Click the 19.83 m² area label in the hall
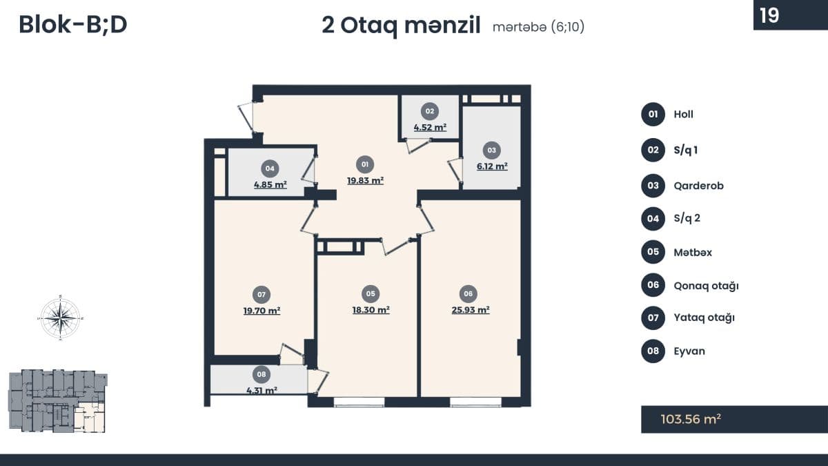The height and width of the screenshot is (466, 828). [x=365, y=180]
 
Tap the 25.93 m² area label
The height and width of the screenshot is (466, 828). [x=471, y=309]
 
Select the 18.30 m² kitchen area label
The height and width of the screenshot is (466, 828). [x=371, y=309]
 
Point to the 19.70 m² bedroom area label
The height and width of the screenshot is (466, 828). [x=262, y=310]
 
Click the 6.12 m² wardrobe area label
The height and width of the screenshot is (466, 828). [x=492, y=166]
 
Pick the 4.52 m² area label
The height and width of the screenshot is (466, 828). [x=430, y=127]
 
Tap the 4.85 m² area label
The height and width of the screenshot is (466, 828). [x=270, y=184]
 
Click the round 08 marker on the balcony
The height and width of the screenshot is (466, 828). [x=262, y=374]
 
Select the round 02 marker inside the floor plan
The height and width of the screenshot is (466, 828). [x=429, y=111]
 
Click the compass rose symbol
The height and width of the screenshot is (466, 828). [x=61, y=318]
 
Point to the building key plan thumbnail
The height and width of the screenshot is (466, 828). [x=58, y=401]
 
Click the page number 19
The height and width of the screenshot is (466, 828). [x=769, y=15]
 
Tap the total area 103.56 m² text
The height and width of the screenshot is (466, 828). [x=691, y=419]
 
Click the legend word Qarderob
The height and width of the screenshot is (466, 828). [x=698, y=186]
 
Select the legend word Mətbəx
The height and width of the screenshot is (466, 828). [x=693, y=252]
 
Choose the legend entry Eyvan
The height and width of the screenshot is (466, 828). [x=689, y=351]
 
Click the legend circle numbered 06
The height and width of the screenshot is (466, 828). [x=653, y=284]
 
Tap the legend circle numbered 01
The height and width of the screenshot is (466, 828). [x=653, y=115]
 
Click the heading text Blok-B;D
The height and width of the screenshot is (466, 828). [x=73, y=25]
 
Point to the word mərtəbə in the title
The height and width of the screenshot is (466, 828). [x=520, y=27]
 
